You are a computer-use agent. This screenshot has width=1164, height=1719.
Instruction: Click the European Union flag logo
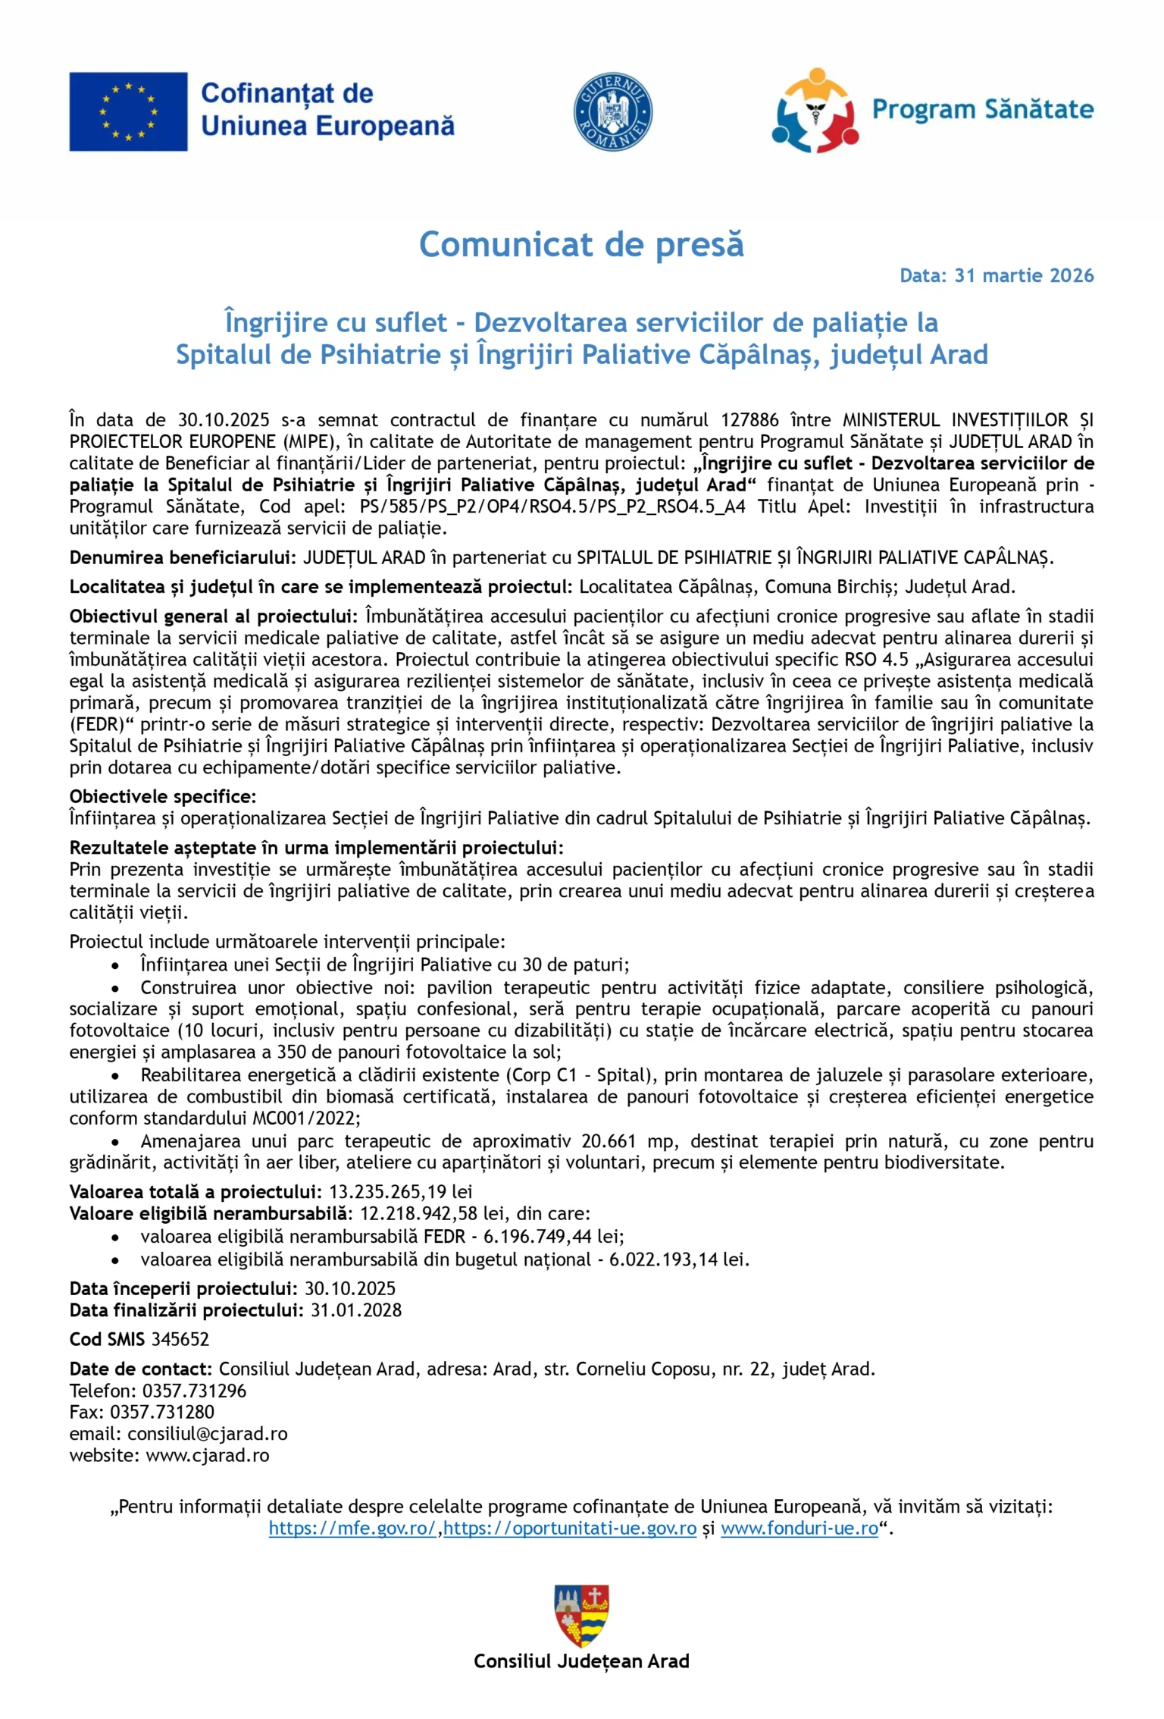[128, 111]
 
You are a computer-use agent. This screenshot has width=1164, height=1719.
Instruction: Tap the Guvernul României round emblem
[612, 112]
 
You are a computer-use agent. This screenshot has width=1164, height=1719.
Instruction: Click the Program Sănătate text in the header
[982, 109]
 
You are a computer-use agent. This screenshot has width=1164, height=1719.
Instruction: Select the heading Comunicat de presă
[581, 244]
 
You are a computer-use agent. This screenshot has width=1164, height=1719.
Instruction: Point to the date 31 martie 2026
[1024, 275]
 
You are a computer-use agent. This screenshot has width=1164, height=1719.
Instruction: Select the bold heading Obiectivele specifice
[163, 797]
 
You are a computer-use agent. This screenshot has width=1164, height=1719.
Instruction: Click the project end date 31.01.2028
[356, 1310]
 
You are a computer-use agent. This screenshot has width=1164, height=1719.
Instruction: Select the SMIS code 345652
[180, 1339]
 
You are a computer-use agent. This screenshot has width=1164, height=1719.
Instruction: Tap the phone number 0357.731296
[194, 1391]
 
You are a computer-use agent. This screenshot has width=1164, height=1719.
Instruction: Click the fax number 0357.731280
[162, 1412]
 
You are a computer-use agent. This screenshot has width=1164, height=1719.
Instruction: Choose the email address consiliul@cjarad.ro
[208, 1434]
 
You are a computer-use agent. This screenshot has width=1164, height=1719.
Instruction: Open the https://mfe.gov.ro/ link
[352, 1528]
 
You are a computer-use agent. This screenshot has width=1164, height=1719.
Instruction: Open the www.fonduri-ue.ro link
[799, 1528]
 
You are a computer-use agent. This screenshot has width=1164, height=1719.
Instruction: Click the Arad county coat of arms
[582, 1615]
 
